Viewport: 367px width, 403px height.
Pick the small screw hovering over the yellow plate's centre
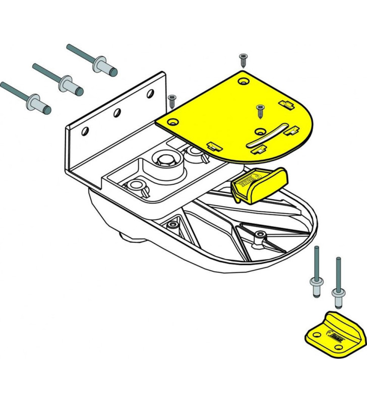260,111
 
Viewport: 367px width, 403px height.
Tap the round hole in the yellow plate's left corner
173,121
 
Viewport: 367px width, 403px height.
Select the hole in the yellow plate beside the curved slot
260,131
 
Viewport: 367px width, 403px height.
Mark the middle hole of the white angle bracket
116,112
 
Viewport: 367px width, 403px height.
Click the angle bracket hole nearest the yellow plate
150,94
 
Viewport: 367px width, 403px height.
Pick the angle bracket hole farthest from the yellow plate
85,131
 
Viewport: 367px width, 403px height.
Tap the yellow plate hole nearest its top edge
244,81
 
